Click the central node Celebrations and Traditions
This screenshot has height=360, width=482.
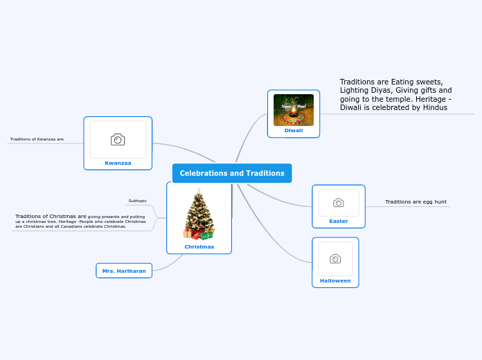pos(232,173)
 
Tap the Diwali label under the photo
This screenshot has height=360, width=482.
pos(294,130)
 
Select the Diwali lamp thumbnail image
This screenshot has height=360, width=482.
pos(294,109)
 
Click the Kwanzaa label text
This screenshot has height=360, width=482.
pos(118,163)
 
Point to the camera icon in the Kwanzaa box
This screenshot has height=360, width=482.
pos(118,139)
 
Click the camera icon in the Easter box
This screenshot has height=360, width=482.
pos(339,202)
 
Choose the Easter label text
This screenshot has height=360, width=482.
pos(339,221)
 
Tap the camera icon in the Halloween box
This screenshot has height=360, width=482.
pos(335,259)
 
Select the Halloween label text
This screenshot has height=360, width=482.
pos(335,280)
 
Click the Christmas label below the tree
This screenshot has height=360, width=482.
pos(199,246)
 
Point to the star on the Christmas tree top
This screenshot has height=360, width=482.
pos(199,190)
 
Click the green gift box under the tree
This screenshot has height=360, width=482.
pos(206,235)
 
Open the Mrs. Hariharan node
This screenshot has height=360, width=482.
pos(124,271)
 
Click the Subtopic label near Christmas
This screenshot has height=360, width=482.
pos(138,201)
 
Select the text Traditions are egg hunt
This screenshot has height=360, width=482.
pos(416,201)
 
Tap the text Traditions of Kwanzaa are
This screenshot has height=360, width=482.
pos(37,139)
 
